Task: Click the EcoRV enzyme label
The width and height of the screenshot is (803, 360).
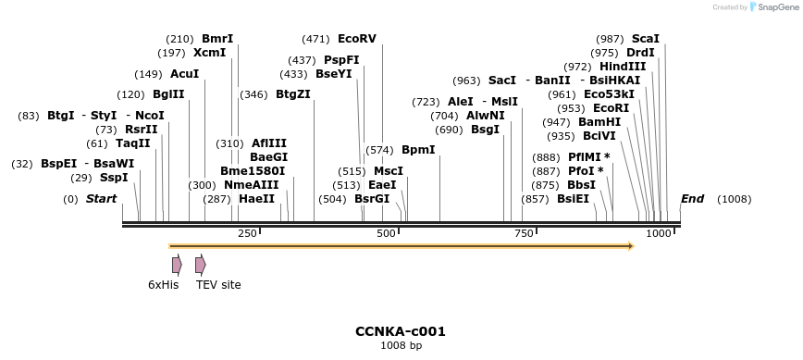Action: [357, 39]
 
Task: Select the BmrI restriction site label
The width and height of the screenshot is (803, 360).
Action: [217, 39]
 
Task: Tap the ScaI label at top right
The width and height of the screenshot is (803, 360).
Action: [646, 39]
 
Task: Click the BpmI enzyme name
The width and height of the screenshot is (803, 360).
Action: [417, 150]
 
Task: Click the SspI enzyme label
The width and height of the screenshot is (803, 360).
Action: [114, 178]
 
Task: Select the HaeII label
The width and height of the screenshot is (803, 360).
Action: [256, 199]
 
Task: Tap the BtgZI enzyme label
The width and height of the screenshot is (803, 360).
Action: [293, 94]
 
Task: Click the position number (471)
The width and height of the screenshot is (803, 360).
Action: [315, 39]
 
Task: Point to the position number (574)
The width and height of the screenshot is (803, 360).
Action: [379, 150]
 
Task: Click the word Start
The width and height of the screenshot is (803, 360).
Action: [101, 199]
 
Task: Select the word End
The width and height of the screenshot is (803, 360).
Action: [692, 199]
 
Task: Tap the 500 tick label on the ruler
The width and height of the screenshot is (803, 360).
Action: [387, 233]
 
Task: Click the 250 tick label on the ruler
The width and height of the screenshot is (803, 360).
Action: [247, 233]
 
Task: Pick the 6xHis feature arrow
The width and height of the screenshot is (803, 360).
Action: [177, 265]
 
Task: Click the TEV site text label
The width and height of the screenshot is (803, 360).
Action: [218, 285]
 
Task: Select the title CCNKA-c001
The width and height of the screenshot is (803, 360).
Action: [401, 331]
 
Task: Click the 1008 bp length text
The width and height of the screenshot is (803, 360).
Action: [401, 346]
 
